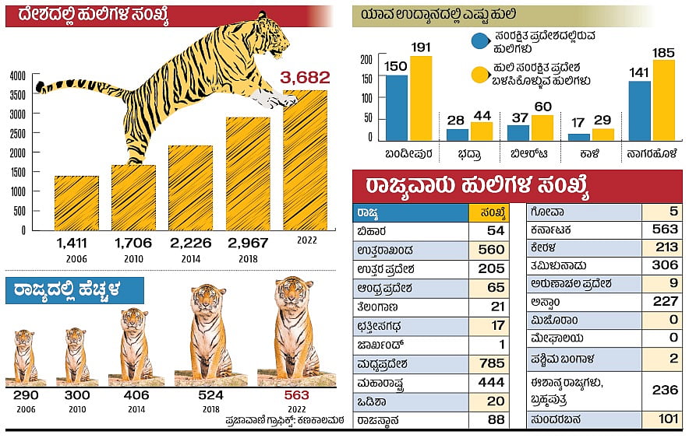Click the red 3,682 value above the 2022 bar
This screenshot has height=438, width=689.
[x=305, y=78]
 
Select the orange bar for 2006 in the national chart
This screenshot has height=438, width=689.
[x=76, y=203]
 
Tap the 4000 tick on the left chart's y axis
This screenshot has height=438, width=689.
[x=17, y=75]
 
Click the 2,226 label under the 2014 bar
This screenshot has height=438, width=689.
[x=190, y=243]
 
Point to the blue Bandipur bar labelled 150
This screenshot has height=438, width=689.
[x=397, y=107]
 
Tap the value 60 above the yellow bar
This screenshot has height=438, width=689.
[x=542, y=107]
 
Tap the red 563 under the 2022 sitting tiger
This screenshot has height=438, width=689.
[x=296, y=395]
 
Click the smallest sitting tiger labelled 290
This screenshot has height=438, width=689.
[x=25, y=356]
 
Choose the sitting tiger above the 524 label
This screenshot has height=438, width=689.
[x=210, y=331]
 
